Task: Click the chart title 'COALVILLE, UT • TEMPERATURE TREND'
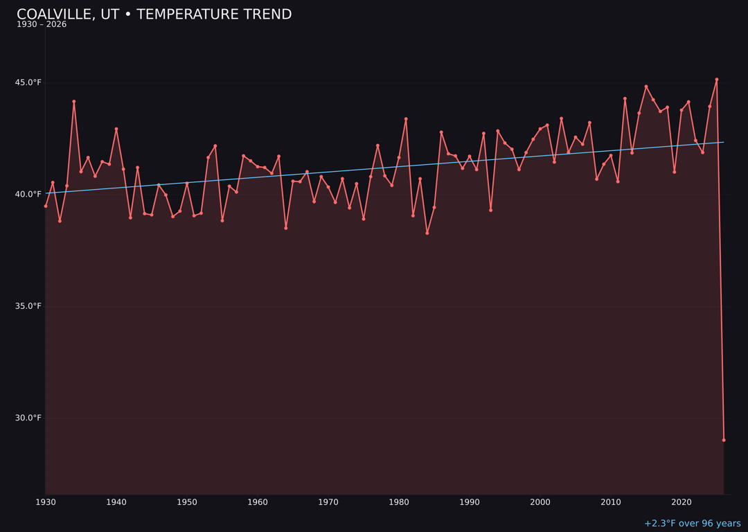154,15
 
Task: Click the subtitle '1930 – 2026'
42,25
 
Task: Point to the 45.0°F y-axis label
28,83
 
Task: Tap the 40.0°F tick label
28,195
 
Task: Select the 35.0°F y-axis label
28,306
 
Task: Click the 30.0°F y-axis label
28,418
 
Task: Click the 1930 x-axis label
46,502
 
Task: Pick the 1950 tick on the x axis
187,502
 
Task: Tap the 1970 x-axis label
328,502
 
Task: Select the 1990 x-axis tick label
470,502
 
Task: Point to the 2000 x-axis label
540,502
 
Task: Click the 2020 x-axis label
682,502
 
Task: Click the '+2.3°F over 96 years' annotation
692,524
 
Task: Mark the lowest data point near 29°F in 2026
724,440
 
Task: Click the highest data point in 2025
717,80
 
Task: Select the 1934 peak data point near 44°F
74,102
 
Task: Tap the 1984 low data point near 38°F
427,233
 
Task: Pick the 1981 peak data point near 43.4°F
406,119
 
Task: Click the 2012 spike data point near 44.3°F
625,98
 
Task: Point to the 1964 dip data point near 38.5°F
286,228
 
